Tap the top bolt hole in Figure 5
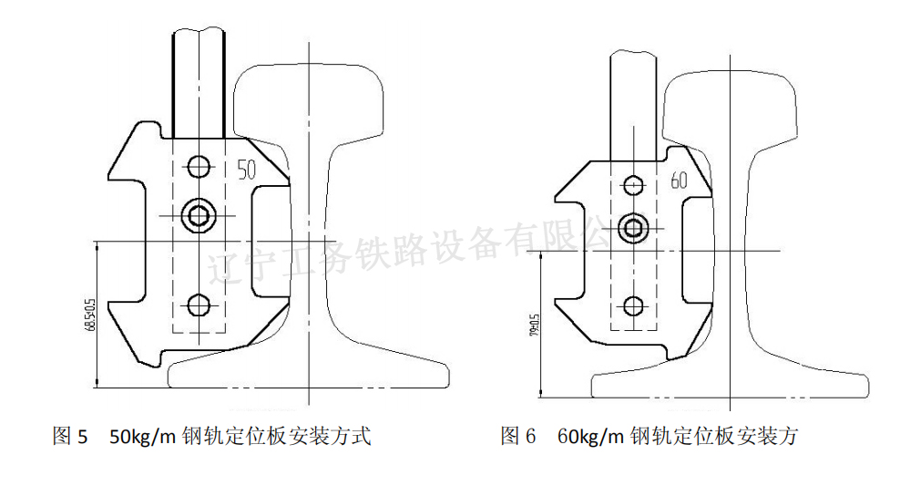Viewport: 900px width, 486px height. (x=198, y=167)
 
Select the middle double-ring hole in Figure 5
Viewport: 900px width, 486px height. (x=198, y=215)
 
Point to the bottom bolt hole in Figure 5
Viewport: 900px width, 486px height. (x=198, y=304)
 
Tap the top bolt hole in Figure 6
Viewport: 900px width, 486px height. (x=633, y=185)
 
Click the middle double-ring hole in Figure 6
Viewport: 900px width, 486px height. (x=633, y=228)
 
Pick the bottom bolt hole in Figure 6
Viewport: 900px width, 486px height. (x=633, y=305)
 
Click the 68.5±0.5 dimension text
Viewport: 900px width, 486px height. (x=89, y=315)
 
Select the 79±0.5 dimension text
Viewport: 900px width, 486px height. (x=534, y=326)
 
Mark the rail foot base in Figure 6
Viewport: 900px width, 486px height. (x=729, y=383)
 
